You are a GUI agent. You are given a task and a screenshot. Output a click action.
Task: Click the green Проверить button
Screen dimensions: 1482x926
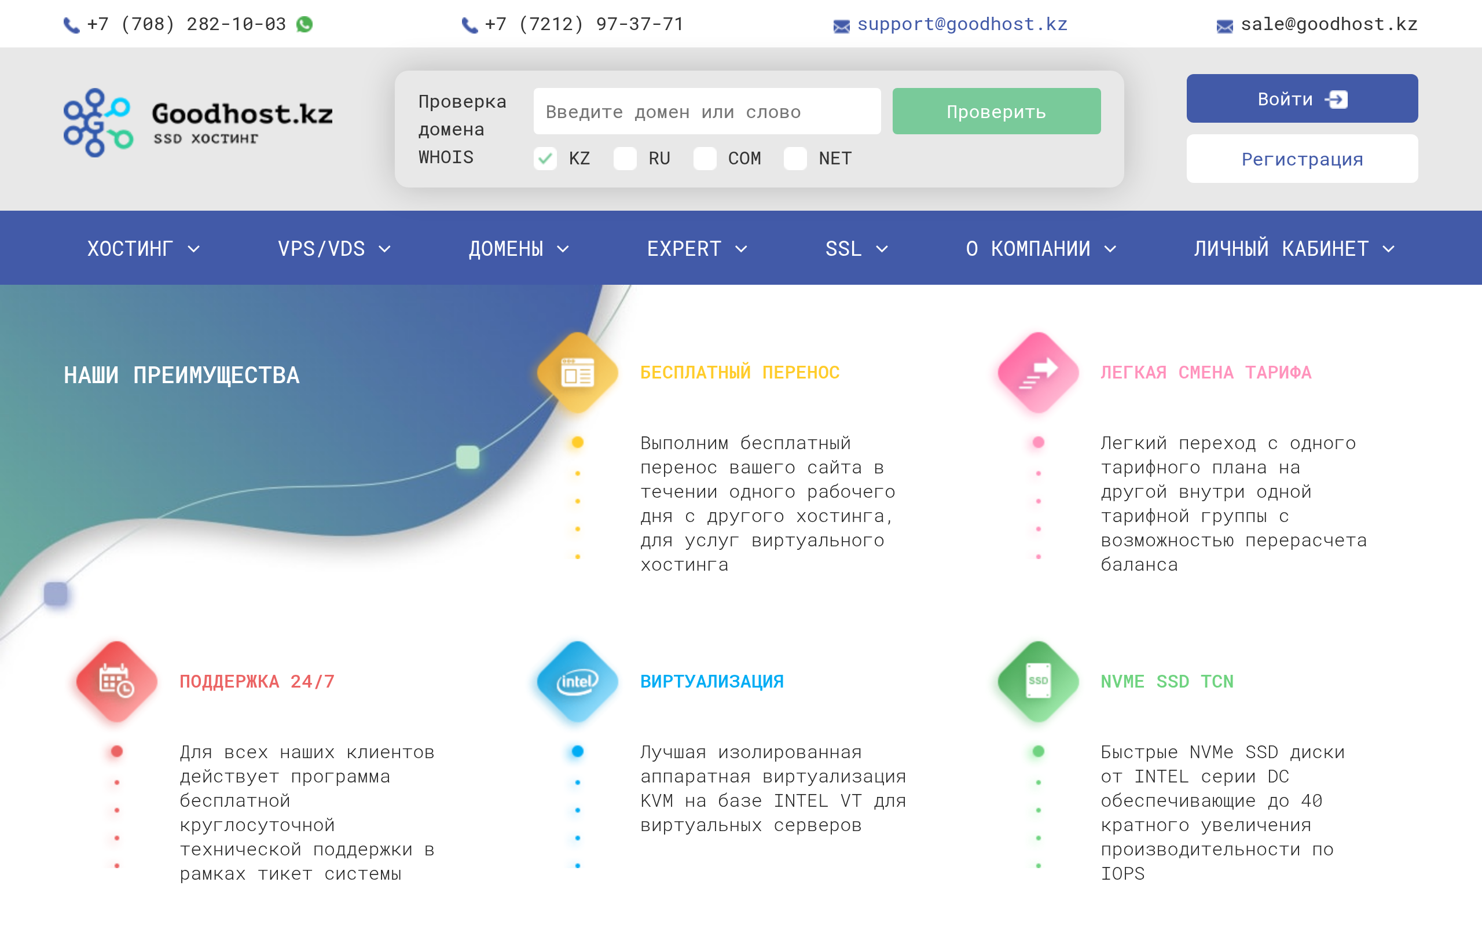[996, 111]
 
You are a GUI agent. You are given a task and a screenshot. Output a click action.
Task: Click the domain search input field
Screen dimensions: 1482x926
[707, 111]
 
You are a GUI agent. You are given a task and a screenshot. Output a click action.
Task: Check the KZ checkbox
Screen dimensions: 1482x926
[545, 159]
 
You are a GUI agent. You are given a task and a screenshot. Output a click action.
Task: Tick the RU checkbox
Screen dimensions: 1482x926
[625, 159]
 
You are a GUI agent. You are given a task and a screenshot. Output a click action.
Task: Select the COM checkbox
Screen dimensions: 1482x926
[705, 159]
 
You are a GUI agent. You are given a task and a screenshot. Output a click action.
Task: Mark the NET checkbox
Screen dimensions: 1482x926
[795, 159]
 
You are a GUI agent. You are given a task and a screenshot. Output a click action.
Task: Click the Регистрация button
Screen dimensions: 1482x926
[1302, 159]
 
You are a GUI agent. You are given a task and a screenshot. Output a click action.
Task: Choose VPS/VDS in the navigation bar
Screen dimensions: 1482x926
[334, 249]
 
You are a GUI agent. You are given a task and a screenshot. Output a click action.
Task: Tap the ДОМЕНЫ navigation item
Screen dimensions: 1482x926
[519, 249]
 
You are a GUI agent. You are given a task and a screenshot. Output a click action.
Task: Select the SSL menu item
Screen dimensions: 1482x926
[856, 249]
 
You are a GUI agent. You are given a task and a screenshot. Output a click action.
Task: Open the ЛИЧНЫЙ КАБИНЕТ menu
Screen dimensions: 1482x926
[1293, 249]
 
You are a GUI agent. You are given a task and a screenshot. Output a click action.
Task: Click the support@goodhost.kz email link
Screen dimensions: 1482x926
[962, 24]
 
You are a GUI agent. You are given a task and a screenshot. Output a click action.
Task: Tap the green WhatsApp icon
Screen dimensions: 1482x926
[305, 24]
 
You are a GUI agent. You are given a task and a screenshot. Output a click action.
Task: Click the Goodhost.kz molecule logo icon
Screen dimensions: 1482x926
[98, 123]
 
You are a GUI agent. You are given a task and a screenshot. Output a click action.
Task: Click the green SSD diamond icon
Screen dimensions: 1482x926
[1038, 681]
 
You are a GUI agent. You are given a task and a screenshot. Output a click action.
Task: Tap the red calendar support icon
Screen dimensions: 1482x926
[116, 681]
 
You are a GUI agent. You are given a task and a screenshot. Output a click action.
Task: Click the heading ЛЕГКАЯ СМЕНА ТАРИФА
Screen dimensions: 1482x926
[1206, 372]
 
